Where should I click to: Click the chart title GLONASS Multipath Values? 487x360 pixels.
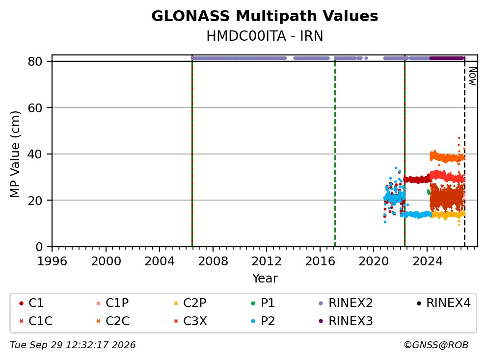[265, 16]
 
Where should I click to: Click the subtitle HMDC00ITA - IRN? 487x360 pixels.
[265, 36]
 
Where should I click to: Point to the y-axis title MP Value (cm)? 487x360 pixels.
[15, 154]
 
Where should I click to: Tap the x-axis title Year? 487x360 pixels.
[265, 279]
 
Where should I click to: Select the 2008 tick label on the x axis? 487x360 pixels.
[213, 261]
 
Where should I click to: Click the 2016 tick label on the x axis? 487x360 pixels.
[320, 261]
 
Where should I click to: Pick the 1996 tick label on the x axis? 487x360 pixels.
[52, 261]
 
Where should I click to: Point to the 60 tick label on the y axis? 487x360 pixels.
[35, 108]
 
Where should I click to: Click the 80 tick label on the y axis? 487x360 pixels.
[35, 61]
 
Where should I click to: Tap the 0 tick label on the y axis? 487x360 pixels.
[39, 247]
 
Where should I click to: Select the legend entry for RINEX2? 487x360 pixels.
[346, 303]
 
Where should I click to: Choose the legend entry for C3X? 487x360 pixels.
[190, 321]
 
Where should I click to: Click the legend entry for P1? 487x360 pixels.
[263, 303]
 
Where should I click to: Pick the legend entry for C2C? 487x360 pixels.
[113, 321]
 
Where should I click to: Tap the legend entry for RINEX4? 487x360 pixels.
[444, 303]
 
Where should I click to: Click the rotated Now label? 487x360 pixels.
[473, 77]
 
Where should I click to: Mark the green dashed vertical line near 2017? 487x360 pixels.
[335, 154]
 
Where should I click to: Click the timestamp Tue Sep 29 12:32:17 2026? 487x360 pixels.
[73, 345]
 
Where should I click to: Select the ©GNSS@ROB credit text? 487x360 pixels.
[436, 345]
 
